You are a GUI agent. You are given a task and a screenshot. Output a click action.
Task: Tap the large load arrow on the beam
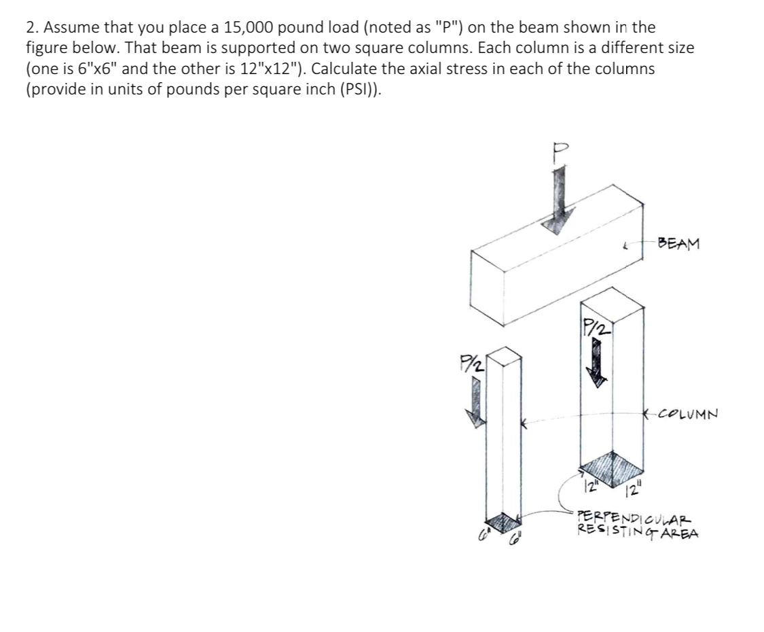(x=560, y=200)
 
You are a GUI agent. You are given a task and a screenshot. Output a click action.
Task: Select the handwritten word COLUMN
(x=687, y=412)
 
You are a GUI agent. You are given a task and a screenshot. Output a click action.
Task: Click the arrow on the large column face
(x=597, y=362)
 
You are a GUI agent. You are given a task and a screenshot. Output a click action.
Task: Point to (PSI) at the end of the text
(x=362, y=90)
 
